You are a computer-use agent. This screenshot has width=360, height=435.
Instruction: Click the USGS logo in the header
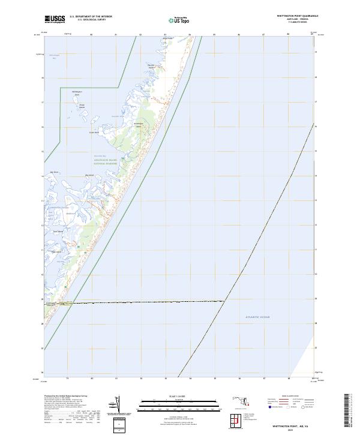56,19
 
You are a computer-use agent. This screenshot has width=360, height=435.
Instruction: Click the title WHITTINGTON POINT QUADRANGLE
298,16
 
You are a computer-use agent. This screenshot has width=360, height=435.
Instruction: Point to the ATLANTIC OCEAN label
258,317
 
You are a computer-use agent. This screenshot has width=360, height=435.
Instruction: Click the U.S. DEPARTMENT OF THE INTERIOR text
91,16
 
